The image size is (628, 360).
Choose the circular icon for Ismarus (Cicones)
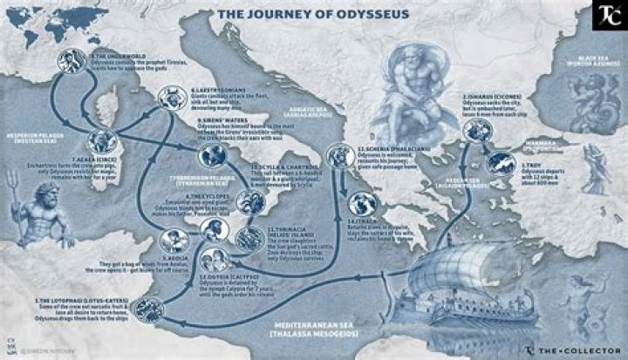click(475, 131)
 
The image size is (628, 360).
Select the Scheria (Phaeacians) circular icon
click(336, 156)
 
